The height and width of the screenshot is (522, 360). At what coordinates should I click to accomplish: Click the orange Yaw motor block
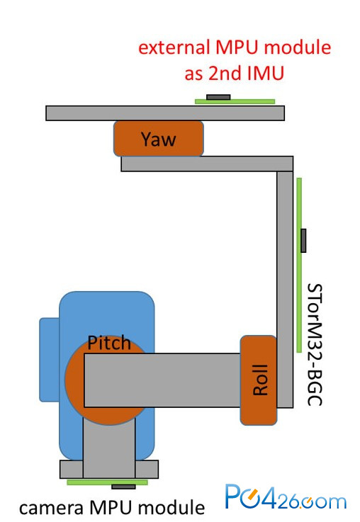coord(159,139)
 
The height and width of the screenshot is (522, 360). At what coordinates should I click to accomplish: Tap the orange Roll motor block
coord(259,380)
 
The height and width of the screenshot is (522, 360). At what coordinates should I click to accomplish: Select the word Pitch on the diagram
coord(109,343)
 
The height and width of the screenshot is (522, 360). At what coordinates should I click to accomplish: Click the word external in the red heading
coord(174,47)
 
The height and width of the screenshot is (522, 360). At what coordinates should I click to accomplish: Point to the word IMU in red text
coord(266,73)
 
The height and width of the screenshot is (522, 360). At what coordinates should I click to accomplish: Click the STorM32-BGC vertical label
coord(315,344)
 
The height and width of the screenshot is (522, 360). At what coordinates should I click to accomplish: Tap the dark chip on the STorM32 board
coord(303,240)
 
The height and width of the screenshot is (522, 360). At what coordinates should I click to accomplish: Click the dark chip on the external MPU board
coord(218,97)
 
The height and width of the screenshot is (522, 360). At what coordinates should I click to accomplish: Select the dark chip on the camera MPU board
coord(123,487)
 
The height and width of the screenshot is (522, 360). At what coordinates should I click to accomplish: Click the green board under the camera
coord(107,482)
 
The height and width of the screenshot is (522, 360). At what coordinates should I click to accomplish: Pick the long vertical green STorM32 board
coord(299,265)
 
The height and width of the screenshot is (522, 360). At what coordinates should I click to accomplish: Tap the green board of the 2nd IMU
coord(235,101)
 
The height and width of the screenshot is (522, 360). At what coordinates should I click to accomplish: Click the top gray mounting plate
coord(165,113)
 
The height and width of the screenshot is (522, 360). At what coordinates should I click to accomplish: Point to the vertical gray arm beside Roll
coord(285,289)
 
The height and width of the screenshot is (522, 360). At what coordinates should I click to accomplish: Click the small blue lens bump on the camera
coord(50,360)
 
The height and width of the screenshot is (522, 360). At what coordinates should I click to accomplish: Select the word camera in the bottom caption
coord(51,509)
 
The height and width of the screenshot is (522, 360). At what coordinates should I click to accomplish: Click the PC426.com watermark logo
coord(286,497)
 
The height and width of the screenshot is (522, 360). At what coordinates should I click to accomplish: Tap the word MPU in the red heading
coord(237,47)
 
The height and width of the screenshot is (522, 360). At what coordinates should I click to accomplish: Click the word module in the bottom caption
coord(171,508)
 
